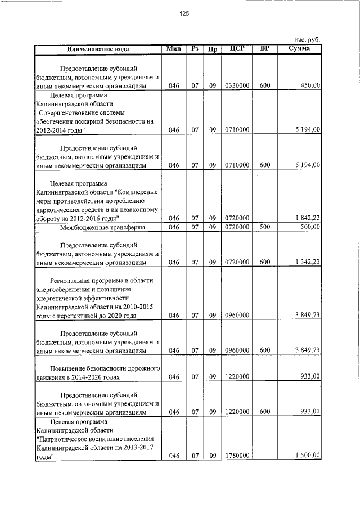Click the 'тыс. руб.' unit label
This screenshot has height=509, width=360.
[307, 40]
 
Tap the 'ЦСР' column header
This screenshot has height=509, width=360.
[237, 49]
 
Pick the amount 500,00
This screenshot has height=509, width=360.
[309, 227]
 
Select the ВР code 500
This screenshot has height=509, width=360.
[265, 227]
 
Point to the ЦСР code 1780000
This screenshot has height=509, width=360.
[237, 456]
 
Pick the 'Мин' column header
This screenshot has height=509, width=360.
[173, 49]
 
